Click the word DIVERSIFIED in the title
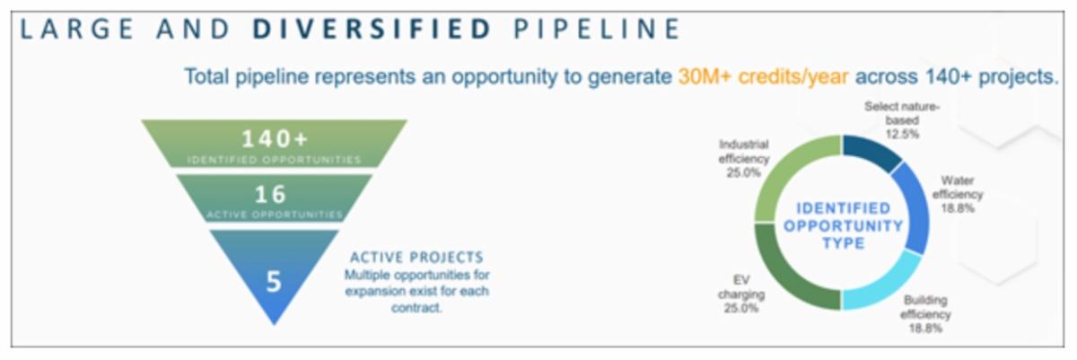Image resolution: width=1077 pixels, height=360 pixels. pyautogui.click(x=372, y=29)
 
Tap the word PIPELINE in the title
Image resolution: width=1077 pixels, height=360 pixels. pyautogui.click(x=597, y=29)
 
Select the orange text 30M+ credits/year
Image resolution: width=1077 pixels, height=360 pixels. pyautogui.click(x=763, y=77)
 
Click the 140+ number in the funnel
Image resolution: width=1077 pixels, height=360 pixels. pyautogui.click(x=275, y=139)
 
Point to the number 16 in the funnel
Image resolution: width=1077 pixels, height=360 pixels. pyautogui.click(x=271, y=194)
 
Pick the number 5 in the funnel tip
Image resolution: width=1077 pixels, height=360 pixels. pyautogui.click(x=274, y=282)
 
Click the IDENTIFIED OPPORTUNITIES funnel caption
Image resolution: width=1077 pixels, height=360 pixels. pyautogui.click(x=274, y=160)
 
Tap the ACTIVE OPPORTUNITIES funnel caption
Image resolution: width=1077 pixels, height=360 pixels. pyautogui.click(x=275, y=215)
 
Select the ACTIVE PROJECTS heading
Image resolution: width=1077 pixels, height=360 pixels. pyautogui.click(x=416, y=257)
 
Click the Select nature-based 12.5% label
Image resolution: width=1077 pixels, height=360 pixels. pyautogui.click(x=902, y=120)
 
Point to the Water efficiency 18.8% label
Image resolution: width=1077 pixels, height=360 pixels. pyautogui.click(x=958, y=194)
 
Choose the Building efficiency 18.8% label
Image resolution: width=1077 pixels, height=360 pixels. pyautogui.click(x=925, y=314)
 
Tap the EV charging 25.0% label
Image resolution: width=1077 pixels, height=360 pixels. pyautogui.click(x=741, y=294)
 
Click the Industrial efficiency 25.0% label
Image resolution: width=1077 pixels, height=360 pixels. pyautogui.click(x=744, y=159)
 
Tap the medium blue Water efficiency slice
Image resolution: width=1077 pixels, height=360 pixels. pyautogui.click(x=914, y=206)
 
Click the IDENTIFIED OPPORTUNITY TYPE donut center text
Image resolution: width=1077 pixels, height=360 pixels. pyautogui.click(x=844, y=225)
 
